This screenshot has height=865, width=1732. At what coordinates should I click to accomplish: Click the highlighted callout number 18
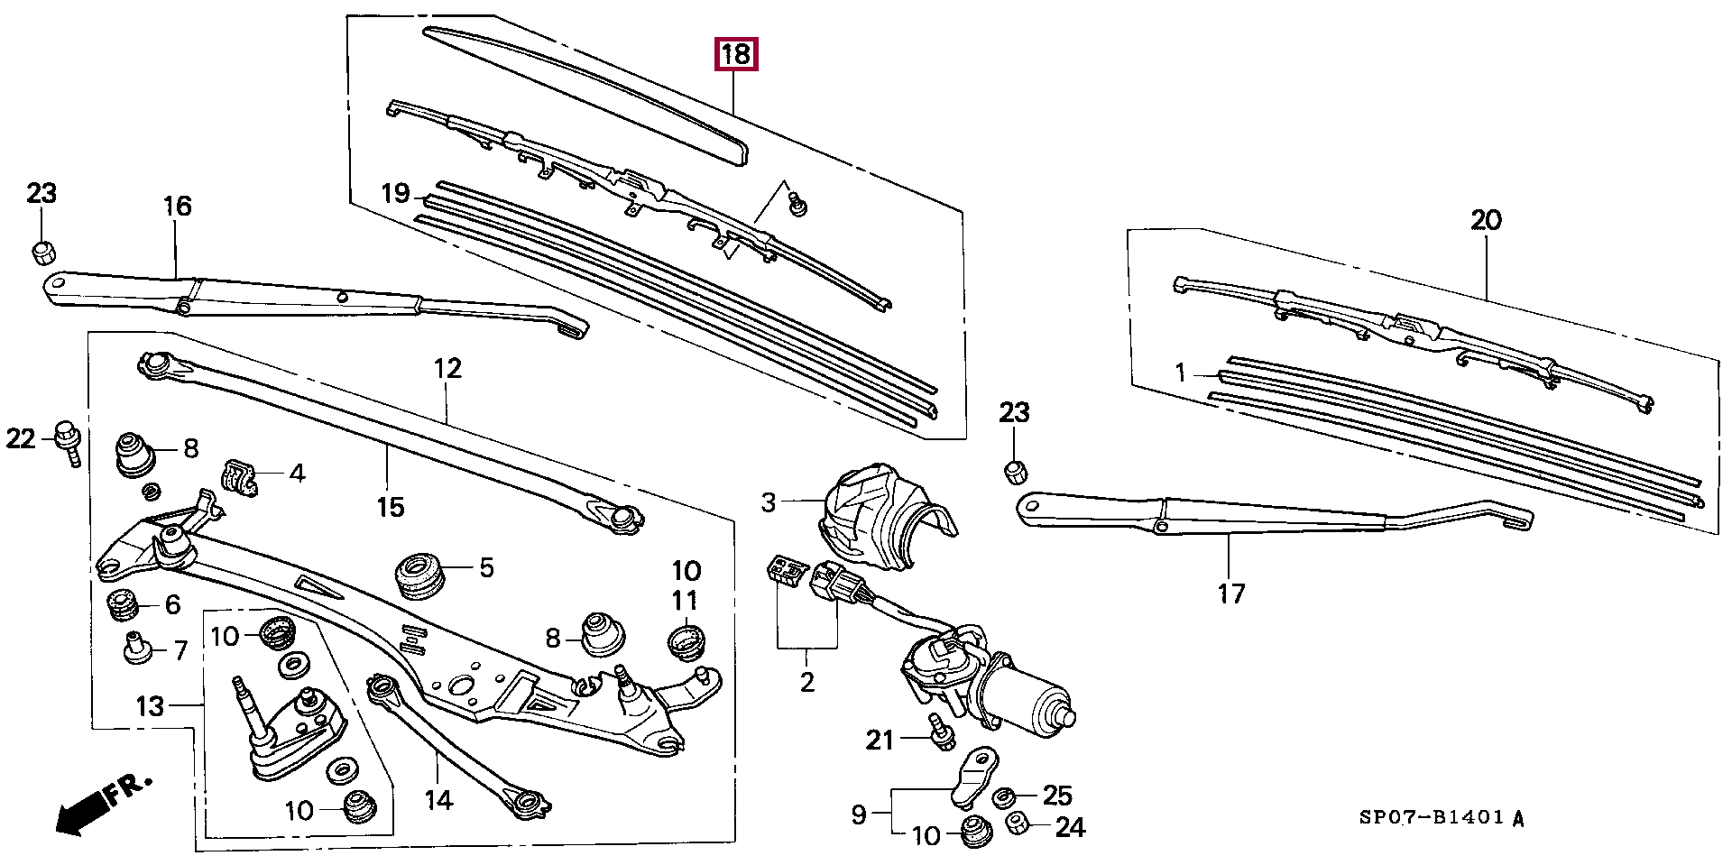(x=736, y=54)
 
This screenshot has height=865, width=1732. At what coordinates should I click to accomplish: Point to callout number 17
(x=1231, y=594)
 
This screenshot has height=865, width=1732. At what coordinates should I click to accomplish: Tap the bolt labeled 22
(x=67, y=440)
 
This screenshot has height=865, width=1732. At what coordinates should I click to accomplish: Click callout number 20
(x=1486, y=219)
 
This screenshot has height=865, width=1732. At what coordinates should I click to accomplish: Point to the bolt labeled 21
(x=940, y=732)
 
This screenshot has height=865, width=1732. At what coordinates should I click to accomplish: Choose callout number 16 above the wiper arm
(x=178, y=206)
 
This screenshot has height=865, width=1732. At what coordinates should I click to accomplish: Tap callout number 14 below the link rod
(x=438, y=800)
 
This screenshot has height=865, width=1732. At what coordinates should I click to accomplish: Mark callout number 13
(x=151, y=705)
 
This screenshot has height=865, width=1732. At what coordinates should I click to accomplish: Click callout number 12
(x=447, y=368)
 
